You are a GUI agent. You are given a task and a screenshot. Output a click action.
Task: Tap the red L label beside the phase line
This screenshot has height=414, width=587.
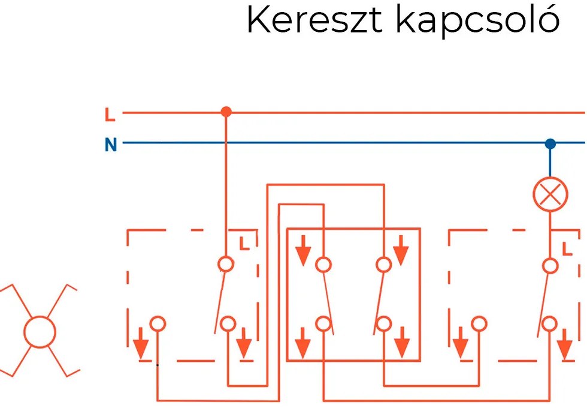click(x=110, y=113)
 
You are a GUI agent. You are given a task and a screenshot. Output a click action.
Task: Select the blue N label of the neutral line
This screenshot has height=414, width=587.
click(x=110, y=145)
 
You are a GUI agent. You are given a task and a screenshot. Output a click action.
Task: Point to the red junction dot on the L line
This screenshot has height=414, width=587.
click(x=226, y=112)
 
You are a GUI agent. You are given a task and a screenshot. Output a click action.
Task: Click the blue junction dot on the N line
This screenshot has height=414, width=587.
click(x=550, y=143)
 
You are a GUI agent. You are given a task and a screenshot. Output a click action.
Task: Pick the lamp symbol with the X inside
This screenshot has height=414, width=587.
click(x=550, y=196)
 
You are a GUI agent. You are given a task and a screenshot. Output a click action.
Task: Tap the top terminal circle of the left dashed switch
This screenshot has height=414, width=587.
click(x=226, y=263)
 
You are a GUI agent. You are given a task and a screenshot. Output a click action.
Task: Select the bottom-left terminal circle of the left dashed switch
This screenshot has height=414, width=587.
click(x=158, y=324)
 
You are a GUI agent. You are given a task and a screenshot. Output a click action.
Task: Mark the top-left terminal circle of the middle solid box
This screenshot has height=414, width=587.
click(x=323, y=263)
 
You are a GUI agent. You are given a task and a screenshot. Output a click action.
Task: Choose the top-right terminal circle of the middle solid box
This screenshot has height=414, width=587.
click(x=383, y=263)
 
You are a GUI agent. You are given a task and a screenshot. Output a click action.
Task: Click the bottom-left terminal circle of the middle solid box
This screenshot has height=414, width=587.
click(x=323, y=324)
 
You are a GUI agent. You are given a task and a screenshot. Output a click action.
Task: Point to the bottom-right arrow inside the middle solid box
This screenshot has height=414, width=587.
click(x=401, y=344)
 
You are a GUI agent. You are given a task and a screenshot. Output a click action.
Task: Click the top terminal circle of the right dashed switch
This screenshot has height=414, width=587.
click(x=550, y=265)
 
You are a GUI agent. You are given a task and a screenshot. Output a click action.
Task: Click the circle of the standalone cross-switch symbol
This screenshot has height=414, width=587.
click(x=40, y=331)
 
